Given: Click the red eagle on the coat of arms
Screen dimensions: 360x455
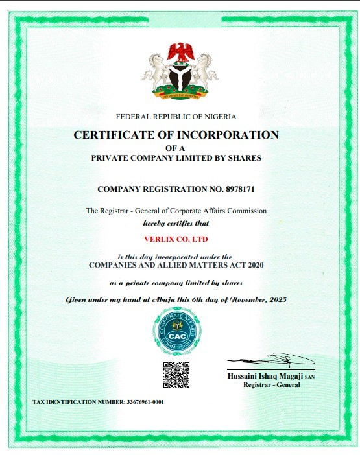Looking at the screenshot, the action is click(180, 52).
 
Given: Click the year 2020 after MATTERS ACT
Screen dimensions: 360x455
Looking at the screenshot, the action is click(254, 265).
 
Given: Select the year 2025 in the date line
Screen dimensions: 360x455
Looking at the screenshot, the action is click(276, 300).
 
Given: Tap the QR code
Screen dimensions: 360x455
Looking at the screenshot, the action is click(176, 374).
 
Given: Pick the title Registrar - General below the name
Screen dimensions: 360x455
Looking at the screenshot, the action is click(267, 385).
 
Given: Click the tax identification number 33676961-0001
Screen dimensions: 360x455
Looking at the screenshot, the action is click(143, 402).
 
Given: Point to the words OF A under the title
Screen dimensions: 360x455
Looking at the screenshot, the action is click(176, 148).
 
